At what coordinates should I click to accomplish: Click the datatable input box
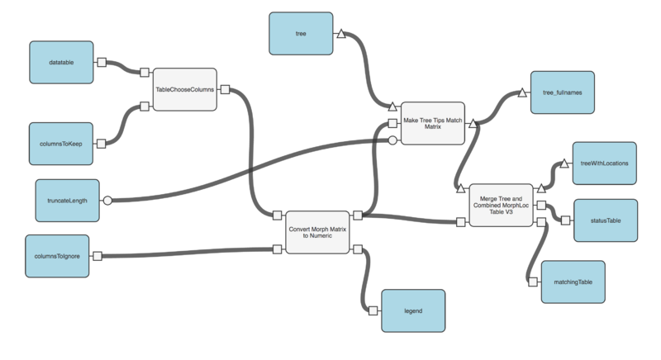tap(60, 62)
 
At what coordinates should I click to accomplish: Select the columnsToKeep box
tap(60, 143)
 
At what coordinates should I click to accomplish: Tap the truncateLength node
tap(68, 200)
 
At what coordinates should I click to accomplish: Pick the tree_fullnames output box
tap(562, 93)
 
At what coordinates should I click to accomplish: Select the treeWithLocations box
tap(605, 163)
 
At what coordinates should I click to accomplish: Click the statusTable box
tap(605, 220)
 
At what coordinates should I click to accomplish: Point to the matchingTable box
tap(573, 282)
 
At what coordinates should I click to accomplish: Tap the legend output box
tap(413, 310)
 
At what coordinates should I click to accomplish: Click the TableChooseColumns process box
tap(184, 89)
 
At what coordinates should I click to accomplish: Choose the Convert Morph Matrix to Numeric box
tap(317, 232)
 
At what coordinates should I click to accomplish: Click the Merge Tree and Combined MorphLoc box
tap(502, 205)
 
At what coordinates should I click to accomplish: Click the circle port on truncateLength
tap(106, 200)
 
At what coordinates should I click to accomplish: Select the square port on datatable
tap(102, 62)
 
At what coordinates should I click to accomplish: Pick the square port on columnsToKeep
tap(102, 143)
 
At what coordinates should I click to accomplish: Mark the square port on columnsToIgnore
tap(97, 255)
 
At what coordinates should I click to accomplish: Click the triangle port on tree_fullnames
tap(521, 93)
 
